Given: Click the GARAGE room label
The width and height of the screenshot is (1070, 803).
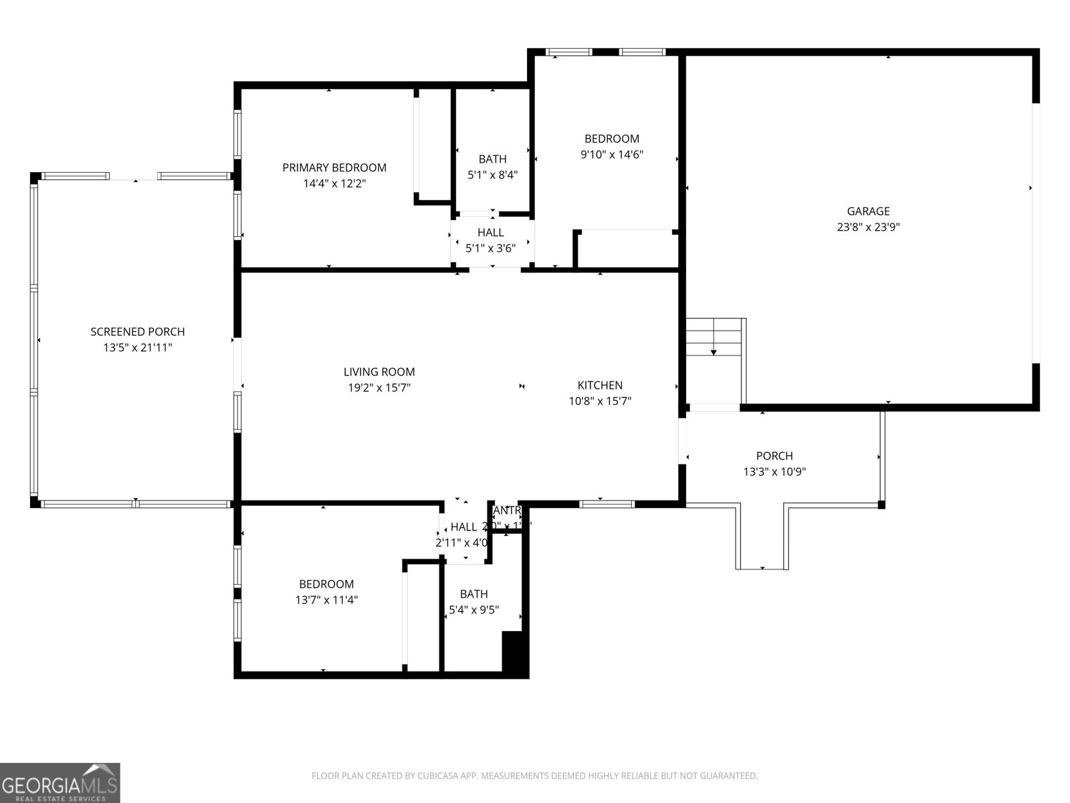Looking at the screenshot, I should click(x=868, y=211).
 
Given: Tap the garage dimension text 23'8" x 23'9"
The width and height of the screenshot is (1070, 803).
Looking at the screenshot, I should click(x=868, y=227).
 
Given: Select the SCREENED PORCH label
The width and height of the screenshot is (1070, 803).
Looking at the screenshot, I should click(x=137, y=331).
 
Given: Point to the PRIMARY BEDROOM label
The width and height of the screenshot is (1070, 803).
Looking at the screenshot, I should click(x=334, y=167).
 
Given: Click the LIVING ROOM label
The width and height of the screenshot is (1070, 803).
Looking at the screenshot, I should click(x=379, y=371).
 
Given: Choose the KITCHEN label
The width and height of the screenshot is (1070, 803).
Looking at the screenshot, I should click(x=600, y=385).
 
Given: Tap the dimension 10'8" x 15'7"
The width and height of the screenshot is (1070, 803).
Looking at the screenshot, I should click(x=600, y=401).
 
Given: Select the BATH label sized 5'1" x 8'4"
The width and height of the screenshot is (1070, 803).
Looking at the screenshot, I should click(x=492, y=159).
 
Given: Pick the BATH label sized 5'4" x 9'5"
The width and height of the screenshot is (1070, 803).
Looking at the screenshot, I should click(x=473, y=594).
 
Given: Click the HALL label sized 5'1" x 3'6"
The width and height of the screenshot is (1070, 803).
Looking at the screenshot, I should click(x=490, y=232).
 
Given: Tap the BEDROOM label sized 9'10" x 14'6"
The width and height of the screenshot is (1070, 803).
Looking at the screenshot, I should click(x=611, y=139).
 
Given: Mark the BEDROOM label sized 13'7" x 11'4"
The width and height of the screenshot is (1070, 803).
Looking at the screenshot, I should click(x=326, y=584).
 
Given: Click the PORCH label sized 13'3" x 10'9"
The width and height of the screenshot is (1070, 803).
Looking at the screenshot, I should click(x=774, y=456).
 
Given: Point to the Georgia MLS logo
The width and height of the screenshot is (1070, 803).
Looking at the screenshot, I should click(x=60, y=782).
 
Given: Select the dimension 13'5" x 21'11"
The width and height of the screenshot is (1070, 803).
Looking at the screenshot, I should click(x=137, y=347).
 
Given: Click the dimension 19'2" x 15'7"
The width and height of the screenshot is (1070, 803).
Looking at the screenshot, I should click(x=379, y=387).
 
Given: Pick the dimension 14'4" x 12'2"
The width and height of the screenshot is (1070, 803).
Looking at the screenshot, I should click(x=334, y=183).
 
